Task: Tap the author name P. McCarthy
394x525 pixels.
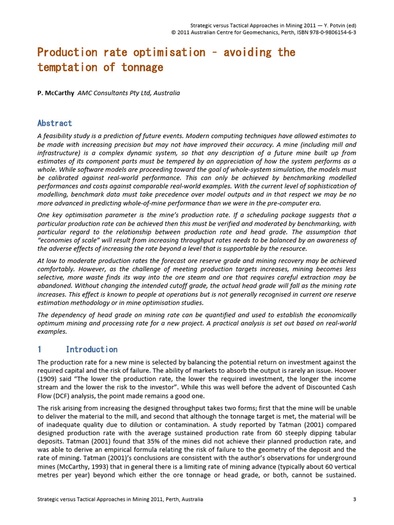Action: [x=56, y=93]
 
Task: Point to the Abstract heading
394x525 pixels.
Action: [x=55, y=124]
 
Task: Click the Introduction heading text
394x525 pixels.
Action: [x=92, y=350]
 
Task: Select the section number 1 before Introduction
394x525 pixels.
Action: [x=40, y=350]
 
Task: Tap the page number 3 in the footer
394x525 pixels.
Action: [x=354, y=499]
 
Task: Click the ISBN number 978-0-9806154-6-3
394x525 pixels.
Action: [x=328, y=32]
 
